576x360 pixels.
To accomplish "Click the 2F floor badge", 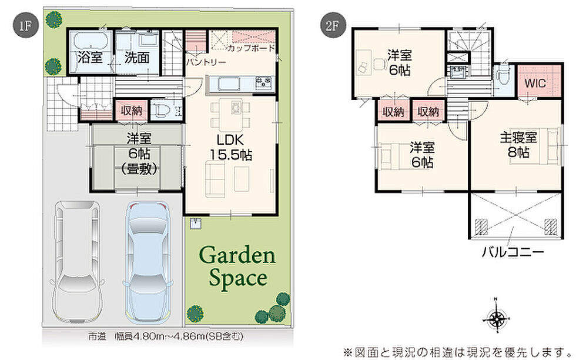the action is coord(331,26).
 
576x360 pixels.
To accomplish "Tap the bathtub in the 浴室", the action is coord(91,41).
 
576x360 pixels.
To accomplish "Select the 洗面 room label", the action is coord(136,58).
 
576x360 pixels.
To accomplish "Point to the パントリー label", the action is coord(206,62).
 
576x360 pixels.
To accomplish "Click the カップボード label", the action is coord(252,48).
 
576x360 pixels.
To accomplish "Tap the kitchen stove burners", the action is coord(264,82).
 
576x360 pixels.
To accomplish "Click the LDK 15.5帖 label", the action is coord(230,147).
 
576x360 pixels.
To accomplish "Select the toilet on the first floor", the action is coord(161,109).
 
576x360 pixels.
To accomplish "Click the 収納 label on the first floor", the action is coord(132,111).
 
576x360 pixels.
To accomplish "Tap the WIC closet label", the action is coord(535,83).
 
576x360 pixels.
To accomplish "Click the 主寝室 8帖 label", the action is coord(518,145).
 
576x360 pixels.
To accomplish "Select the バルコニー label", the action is coord(513,252).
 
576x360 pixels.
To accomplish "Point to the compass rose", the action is coord(496,317).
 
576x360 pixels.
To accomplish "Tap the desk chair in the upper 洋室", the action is coord(379,64).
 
